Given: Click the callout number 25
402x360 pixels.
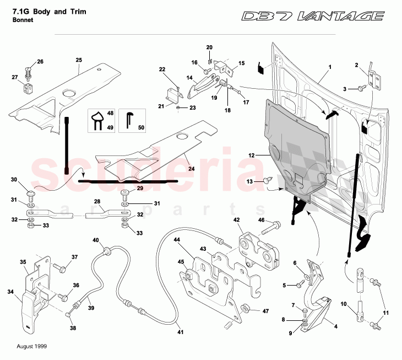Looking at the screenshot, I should pos(79,60).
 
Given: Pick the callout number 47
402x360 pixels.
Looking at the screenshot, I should pos(265,311).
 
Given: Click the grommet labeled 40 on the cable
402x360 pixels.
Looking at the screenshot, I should pos(107,251).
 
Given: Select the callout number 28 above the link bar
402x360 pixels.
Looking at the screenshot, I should pos(96,202).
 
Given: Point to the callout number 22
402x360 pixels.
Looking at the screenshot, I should pos(162,69).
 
